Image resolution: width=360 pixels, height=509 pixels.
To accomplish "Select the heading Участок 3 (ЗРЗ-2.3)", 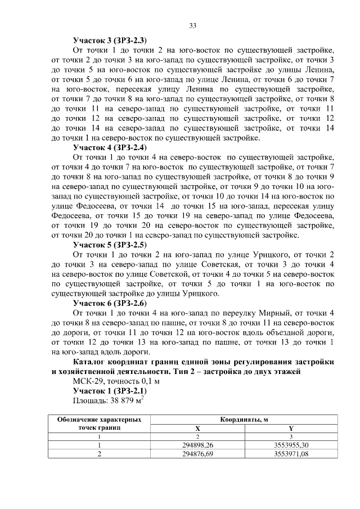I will point(110,40).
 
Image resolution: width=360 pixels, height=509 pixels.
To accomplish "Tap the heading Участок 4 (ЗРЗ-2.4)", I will point(110,147).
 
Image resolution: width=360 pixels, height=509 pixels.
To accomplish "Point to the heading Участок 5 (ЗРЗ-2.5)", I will point(110,245).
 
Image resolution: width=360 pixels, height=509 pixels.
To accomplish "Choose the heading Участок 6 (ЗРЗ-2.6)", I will point(110,303).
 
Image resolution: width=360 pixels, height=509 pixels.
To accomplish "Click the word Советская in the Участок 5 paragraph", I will point(200,264).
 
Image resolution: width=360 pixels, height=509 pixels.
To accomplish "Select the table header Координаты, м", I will point(244,420).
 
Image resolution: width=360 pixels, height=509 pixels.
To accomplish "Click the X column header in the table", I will point(197,427).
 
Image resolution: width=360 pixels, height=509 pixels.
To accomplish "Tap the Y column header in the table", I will point(290,427).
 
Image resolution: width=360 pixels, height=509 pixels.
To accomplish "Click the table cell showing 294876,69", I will point(197,454).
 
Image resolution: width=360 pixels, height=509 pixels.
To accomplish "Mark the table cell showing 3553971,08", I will point(290,454).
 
